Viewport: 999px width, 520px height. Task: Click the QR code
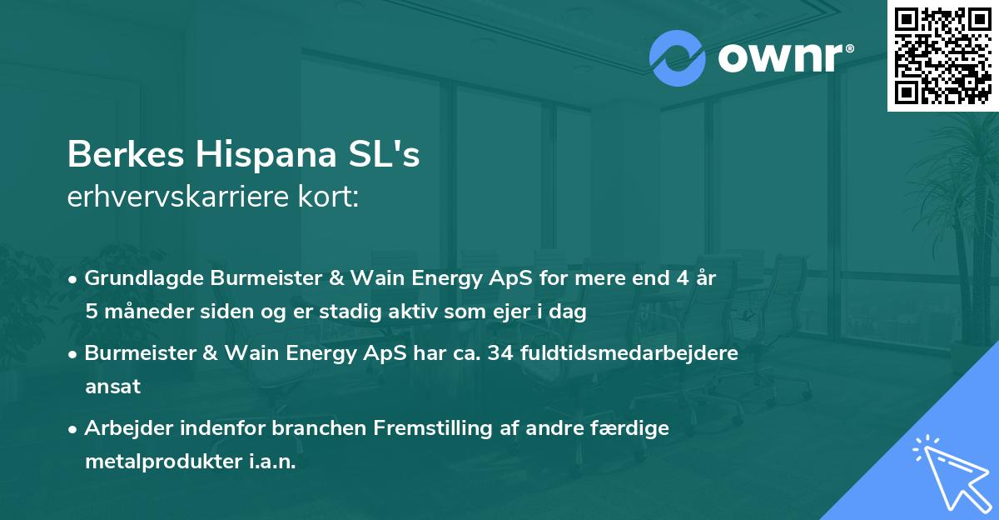point(942,55)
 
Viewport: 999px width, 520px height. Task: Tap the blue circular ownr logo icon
point(677,58)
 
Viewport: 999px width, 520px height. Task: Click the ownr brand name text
point(782,58)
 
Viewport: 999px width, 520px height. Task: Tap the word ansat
point(112,387)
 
